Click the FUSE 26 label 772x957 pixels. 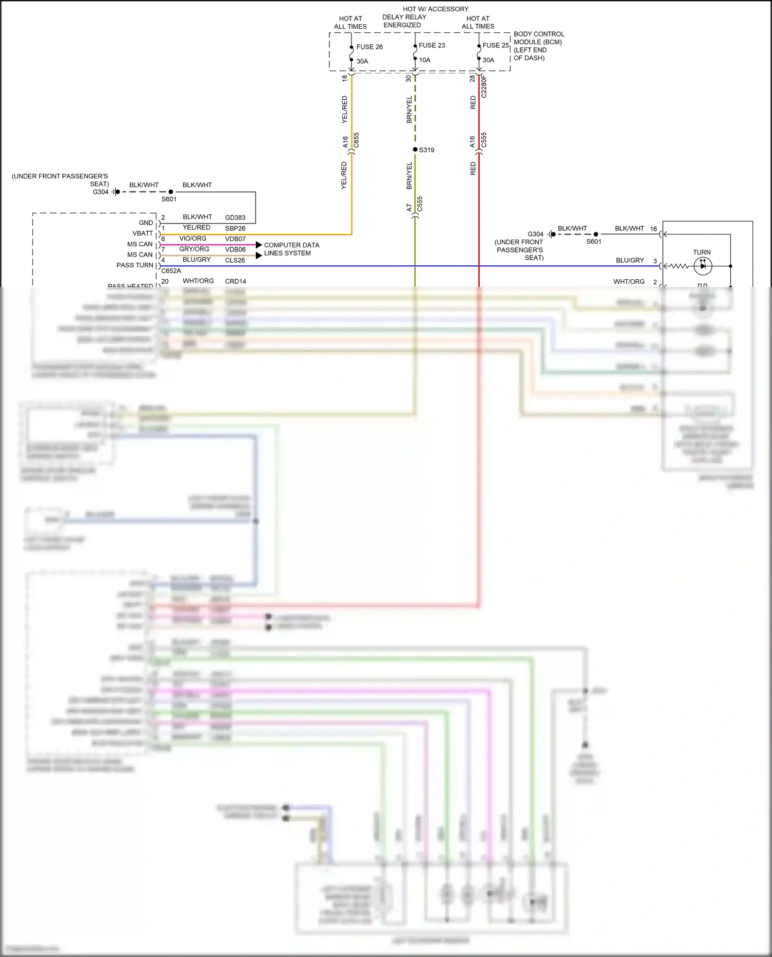[x=369, y=47]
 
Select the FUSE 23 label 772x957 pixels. [x=431, y=45]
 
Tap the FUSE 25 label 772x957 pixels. [x=495, y=45]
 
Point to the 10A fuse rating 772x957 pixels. [x=425, y=60]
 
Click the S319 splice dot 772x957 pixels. [x=415, y=150]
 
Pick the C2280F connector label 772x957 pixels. [x=484, y=86]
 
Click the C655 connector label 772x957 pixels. [x=356, y=140]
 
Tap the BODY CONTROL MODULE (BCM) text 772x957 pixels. [x=538, y=38]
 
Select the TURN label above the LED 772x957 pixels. [x=701, y=252]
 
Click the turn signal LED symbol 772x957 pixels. [x=703, y=266]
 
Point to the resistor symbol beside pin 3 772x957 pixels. [x=679, y=266]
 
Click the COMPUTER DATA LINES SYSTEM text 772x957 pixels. [x=291, y=249]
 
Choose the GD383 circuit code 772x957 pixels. [x=235, y=218]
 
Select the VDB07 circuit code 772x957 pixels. [x=235, y=239]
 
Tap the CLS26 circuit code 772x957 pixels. [x=235, y=260]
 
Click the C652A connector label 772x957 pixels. [x=171, y=271]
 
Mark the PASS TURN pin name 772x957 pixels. [x=135, y=265]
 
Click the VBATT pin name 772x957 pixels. [x=143, y=233]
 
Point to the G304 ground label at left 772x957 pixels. [x=100, y=192]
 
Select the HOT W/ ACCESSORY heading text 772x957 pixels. [x=435, y=9]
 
